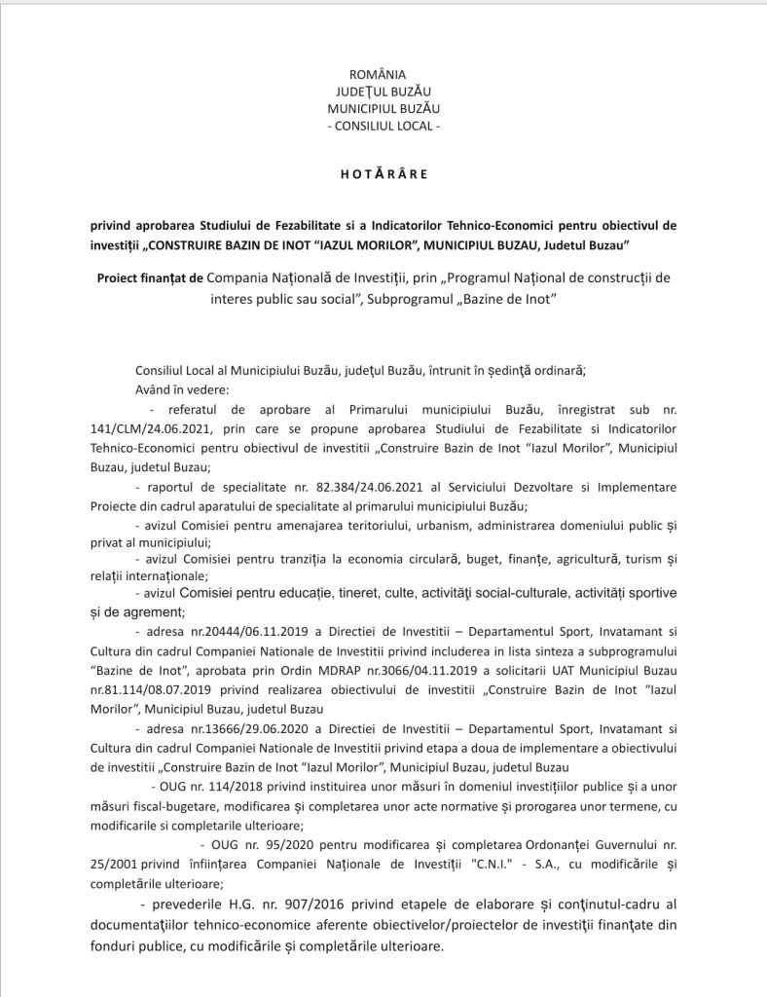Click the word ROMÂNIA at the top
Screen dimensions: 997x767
coord(383,74)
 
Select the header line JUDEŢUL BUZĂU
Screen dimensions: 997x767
coord(383,91)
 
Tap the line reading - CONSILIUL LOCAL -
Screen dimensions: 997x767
coord(383,126)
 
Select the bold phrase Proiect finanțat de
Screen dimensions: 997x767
coord(150,277)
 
